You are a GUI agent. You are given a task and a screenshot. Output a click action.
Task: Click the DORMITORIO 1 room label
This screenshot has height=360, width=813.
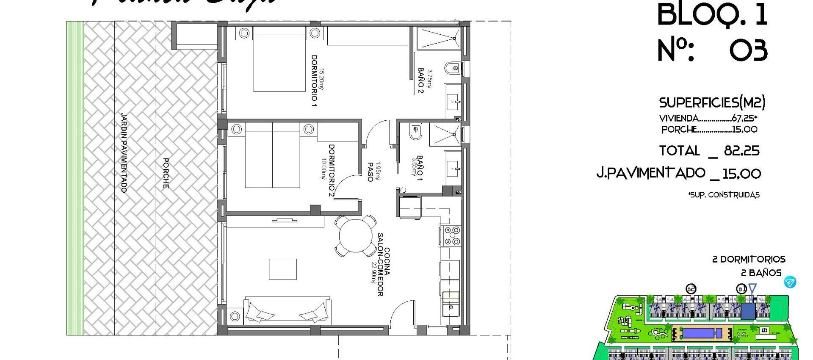coord(314,80)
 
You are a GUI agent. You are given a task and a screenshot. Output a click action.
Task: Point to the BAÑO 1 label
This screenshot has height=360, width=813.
coord(420,166)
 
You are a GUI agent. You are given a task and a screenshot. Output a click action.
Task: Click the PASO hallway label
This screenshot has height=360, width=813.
coord(370,172)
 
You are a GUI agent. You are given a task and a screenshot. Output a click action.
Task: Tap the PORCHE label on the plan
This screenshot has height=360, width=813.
coord(166,173)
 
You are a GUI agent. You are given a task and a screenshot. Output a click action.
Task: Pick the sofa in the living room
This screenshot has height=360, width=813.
coord(288,311)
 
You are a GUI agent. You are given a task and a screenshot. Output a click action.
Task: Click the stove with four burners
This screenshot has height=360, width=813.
coord(451,236)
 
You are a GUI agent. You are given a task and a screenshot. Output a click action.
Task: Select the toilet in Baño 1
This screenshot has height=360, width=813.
coord(415,131)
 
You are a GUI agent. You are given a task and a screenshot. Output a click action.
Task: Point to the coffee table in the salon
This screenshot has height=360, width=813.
coord(283,269)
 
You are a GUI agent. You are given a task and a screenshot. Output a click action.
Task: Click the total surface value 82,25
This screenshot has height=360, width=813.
coord(742,151)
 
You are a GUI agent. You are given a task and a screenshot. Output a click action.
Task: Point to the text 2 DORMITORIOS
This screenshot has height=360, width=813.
coord(749,259)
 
